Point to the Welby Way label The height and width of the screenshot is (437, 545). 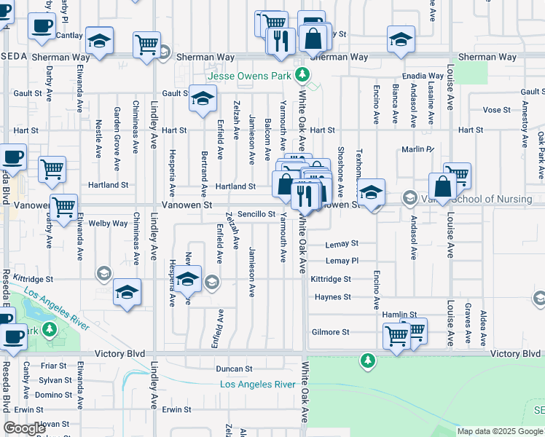(108, 224)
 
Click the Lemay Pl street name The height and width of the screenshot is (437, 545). (342, 261)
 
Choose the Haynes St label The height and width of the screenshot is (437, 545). (333, 297)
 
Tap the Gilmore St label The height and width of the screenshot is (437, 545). (331, 332)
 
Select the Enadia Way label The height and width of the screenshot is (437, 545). (425, 76)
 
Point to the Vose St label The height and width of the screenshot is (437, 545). (496, 109)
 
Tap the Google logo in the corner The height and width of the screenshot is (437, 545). (25, 428)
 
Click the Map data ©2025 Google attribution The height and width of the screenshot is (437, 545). (500, 431)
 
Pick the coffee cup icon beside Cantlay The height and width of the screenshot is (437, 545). (42, 25)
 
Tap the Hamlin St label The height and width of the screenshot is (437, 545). (399, 315)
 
